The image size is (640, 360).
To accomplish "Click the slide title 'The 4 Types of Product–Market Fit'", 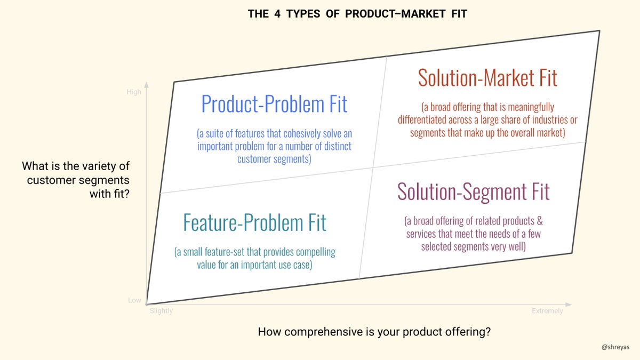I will pyautogui.click(x=357, y=14).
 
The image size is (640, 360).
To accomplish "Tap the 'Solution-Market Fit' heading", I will pyautogui.click(x=487, y=78).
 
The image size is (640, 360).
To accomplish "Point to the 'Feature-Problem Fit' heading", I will pyautogui.click(x=254, y=222).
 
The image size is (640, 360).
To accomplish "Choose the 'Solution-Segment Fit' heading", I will pyautogui.click(x=473, y=191).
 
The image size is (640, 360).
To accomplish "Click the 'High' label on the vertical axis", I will pyautogui.click(x=134, y=92).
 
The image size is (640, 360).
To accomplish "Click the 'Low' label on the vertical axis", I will pyautogui.click(x=134, y=300).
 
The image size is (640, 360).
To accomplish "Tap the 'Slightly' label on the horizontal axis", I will pyautogui.click(x=161, y=311).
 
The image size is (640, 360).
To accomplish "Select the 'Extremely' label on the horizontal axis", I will pyautogui.click(x=547, y=311).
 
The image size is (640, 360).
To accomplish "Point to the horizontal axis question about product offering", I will pyautogui.click(x=374, y=332).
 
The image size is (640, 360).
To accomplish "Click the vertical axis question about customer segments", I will pyautogui.click(x=76, y=180).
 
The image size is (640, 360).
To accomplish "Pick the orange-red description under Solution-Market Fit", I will pyautogui.click(x=487, y=120).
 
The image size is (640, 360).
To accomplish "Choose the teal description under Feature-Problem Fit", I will pyautogui.click(x=254, y=258).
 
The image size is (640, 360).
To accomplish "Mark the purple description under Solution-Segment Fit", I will pyautogui.click(x=473, y=233).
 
